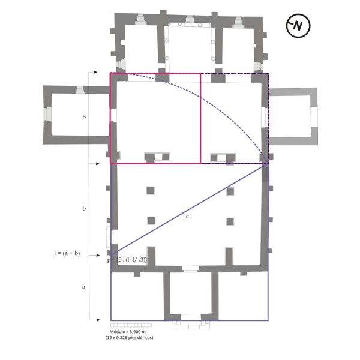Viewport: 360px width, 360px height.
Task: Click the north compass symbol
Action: click(x=298, y=26)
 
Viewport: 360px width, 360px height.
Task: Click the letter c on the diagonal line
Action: click(x=187, y=217)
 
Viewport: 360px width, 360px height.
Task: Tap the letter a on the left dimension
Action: click(x=84, y=287)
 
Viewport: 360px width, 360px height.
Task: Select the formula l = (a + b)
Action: click(x=67, y=253)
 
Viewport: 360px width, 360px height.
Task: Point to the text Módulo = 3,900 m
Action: click(x=127, y=332)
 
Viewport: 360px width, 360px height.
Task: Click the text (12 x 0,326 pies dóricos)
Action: click(x=129, y=337)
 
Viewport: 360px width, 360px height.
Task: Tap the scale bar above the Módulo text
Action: click(x=131, y=325)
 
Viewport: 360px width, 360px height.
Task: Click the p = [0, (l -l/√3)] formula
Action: click(x=127, y=260)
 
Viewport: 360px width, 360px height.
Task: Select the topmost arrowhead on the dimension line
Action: click(x=95, y=72)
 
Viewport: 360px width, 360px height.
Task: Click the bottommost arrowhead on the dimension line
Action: click(x=98, y=320)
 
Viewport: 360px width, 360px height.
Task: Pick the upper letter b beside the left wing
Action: click(x=84, y=117)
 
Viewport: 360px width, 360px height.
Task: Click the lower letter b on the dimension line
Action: click(x=84, y=208)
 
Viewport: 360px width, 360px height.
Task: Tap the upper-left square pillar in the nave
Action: click(x=151, y=191)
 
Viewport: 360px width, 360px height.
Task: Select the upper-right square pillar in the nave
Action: click(x=230, y=191)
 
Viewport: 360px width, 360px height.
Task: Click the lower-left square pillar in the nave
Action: click(x=151, y=221)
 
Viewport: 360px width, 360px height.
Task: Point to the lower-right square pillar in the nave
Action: click(x=230, y=222)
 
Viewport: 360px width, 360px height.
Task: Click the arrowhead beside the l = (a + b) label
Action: click(x=98, y=255)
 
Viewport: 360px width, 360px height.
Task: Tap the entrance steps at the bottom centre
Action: click(x=191, y=325)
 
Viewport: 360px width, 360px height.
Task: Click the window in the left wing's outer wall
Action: click(x=47, y=114)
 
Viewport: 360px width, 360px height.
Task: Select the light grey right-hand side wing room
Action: click(x=293, y=116)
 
